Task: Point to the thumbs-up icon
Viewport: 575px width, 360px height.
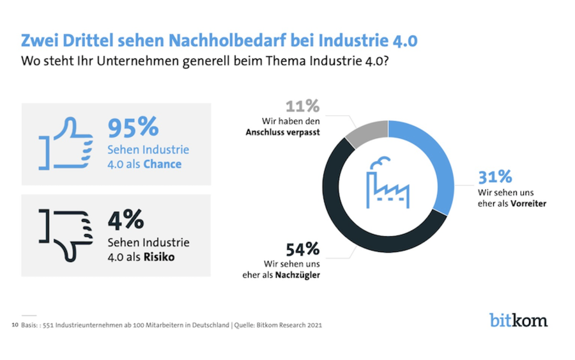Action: click(x=66, y=143)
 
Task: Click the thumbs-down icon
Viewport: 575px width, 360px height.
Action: click(x=66, y=235)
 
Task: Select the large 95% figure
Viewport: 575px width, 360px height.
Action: click(x=133, y=127)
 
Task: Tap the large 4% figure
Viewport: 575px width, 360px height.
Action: click(x=126, y=219)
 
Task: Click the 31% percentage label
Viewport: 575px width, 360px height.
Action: click(x=495, y=177)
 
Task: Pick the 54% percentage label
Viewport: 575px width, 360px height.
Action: click(x=303, y=249)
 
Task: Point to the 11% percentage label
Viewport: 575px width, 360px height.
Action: click(x=303, y=106)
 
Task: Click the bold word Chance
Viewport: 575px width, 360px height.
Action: click(x=162, y=164)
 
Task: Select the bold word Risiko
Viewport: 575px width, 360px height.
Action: click(x=159, y=256)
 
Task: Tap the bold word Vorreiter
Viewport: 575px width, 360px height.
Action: click(x=529, y=203)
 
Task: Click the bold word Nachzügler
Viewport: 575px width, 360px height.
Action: click(x=297, y=275)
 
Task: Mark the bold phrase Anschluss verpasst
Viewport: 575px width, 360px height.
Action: click(x=283, y=132)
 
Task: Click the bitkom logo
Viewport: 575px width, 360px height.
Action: click(x=519, y=320)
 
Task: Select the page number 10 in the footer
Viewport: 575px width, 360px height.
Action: click(x=15, y=325)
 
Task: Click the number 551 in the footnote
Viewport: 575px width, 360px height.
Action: click(x=48, y=325)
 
